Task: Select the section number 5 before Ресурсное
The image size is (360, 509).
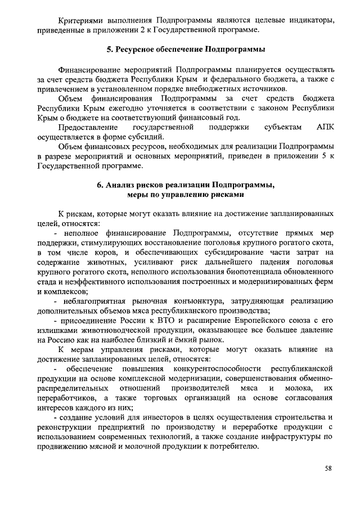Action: [110, 49]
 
